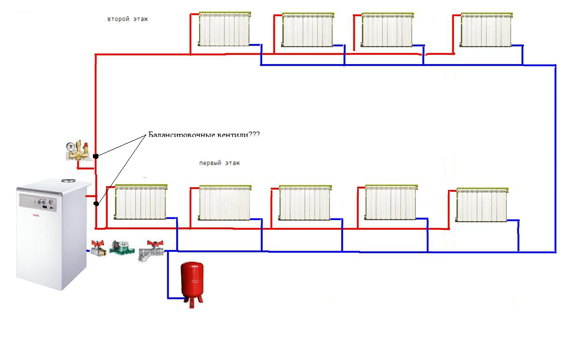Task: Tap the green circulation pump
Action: click(119, 248)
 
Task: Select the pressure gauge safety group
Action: click(77, 150)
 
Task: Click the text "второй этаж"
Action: click(128, 19)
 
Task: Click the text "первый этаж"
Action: click(220, 163)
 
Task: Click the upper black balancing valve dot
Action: click(96, 156)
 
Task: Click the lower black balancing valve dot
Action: click(96, 204)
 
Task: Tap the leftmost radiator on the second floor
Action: click(224, 29)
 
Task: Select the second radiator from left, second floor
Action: click(307, 30)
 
